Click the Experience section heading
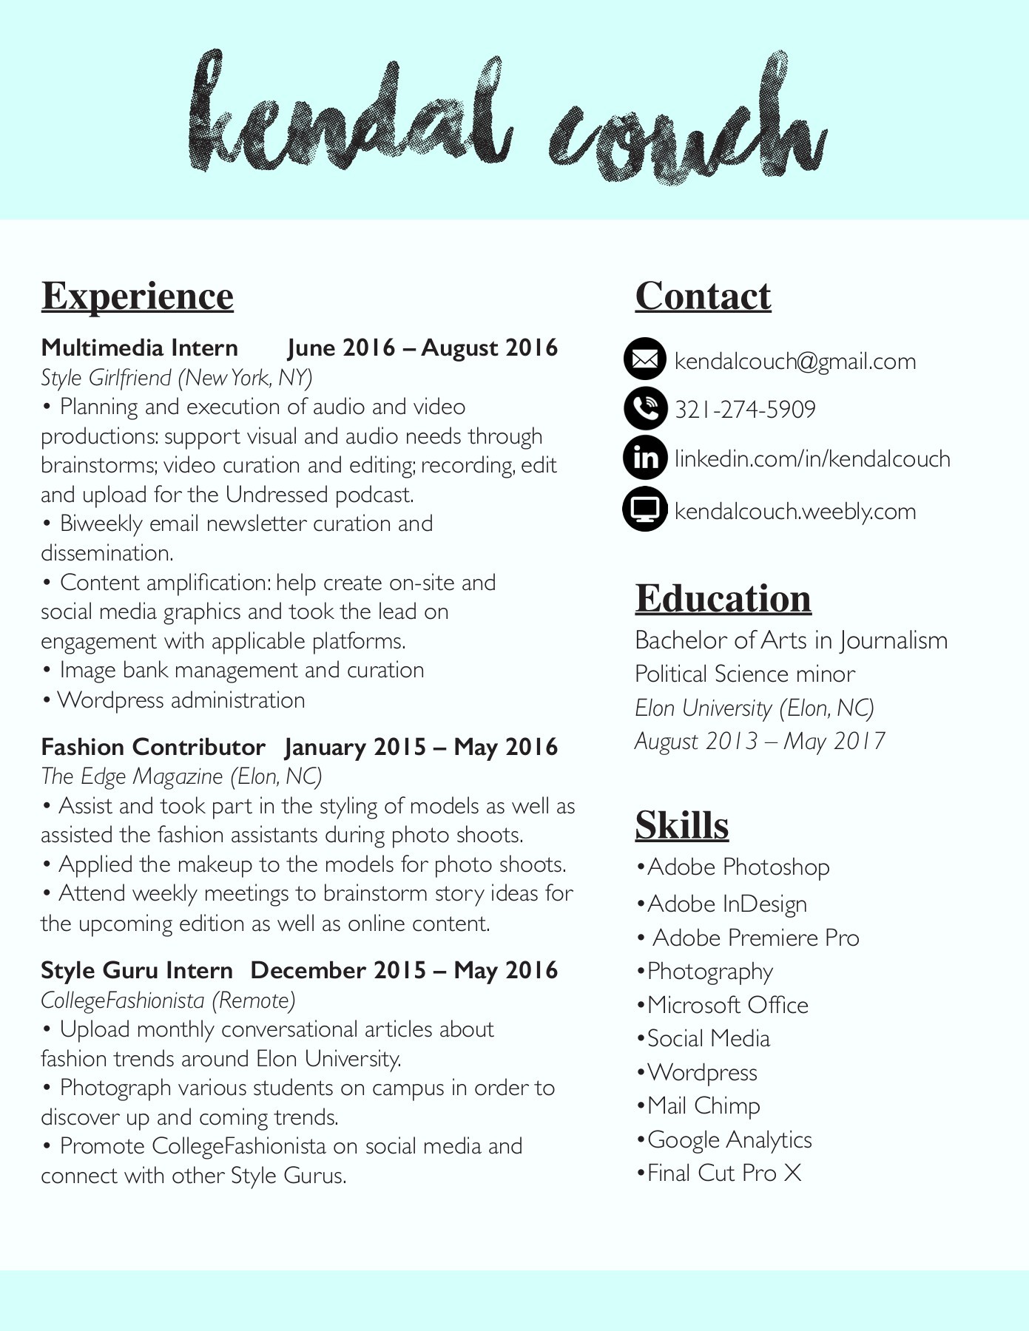pyautogui.click(x=138, y=296)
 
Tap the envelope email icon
pyautogui.click(x=645, y=359)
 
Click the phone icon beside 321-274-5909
pyautogui.click(x=645, y=408)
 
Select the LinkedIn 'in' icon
pyautogui.click(x=645, y=458)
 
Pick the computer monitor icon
pyautogui.click(x=645, y=509)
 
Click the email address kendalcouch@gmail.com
pyautogui.click(x=795, y=362)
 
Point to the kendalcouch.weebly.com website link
pyautogui.click(x=795, y=511)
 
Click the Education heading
pyautogui.click(x=723, y=598)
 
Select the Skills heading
pyautogui.click(x=681, y=824)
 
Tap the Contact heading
pyautogui.click(x=703, y=296)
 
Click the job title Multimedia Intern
pyautogui.click(x=139, y=348)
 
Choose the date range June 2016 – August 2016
pyautogui.click(x=422, y=348)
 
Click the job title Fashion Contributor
pyautogui.click(x=152, y=747)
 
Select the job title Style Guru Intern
pyautogui.click(x=137, y=970)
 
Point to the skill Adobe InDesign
pyautogui.click(x=726, y=904)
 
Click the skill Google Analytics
pyautogui.click(x=729, y=1139)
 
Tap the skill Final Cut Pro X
pyautogui.click(x=723, y=1173)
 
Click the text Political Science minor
pyautogui.click(x=744, y=674)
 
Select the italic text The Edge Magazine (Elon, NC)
pyautogui.click(x=181, y=776)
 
